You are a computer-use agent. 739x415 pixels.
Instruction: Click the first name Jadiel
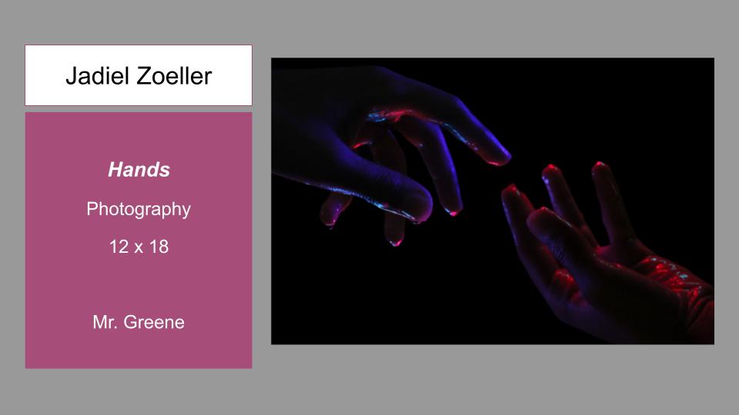click(98, 76)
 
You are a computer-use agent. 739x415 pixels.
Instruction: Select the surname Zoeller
click(175, 76)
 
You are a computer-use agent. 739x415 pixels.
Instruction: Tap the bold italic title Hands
click(139, 169)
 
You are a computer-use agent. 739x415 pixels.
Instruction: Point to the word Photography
click(139, 209)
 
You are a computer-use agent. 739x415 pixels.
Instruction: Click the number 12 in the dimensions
click(119, 247)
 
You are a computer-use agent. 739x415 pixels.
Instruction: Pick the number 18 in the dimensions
click(159, 247)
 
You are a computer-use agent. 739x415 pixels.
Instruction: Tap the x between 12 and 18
click(139, 248)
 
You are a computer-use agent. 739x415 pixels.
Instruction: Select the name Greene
click(154, 322)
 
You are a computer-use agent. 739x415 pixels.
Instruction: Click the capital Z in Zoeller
click(145, 76)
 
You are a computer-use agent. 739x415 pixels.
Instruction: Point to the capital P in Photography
click(92, 208)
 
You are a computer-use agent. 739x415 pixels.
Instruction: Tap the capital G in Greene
click(130, 322)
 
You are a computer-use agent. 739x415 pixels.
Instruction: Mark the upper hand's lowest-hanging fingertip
click(396, 240)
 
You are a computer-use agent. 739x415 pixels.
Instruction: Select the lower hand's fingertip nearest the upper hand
click(510, 189)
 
